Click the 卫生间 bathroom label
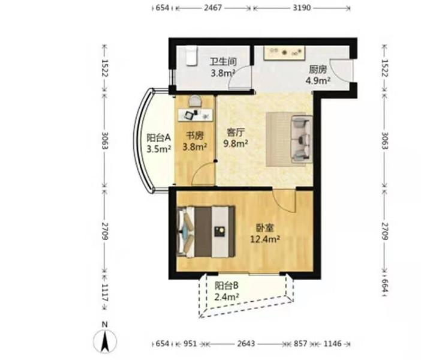click(223, 62)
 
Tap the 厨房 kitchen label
click(318, 70)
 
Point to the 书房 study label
click(195, 136)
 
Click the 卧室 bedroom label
click(264, 228)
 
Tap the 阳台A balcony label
click(159, 138)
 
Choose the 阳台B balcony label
click(226, 286)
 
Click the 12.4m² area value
click(265, 239)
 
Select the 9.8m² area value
click(236, 143)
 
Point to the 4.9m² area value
click(318, 80)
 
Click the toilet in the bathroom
click(191, 56)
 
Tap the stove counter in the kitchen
click(284, 53)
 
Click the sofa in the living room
click(302, 139)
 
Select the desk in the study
click(195, 115)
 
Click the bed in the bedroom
click(206, 232)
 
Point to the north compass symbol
click(105, 337)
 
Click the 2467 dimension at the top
click(213, 8)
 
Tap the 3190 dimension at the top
click(302, 8)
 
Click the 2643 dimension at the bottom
click(246, 343)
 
